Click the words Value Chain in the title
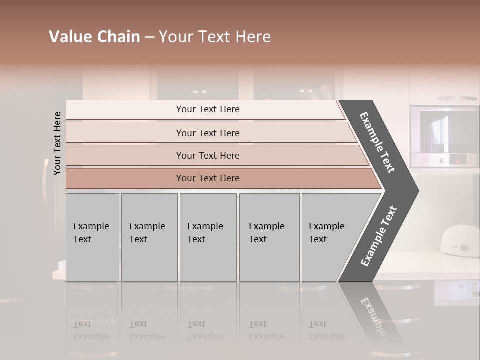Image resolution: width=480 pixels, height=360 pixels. click(x=94, y=37)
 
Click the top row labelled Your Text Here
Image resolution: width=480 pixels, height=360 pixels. click(x=207, y=109)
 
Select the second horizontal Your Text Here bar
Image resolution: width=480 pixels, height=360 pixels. click(x=207, y=133)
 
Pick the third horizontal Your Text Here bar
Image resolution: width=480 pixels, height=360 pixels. click(x=207, y=155)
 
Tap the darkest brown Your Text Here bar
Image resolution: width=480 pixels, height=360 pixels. click(x=207, y=178)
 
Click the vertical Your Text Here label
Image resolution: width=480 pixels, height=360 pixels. click(x=57, y=143)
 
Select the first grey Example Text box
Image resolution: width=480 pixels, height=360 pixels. click(x=92, y=237)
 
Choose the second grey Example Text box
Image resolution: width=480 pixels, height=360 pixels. click(x=149, y=237)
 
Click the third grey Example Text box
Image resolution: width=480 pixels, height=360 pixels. click(x=207, y=237)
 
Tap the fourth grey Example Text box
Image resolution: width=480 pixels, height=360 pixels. click(x=269, y=237)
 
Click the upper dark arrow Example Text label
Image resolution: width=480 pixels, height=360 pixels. click(x=377, y=142)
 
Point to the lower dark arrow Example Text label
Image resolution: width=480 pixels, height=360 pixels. click(x=379, y=236)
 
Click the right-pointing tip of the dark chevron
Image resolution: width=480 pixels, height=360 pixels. click(x=416, y=190)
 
